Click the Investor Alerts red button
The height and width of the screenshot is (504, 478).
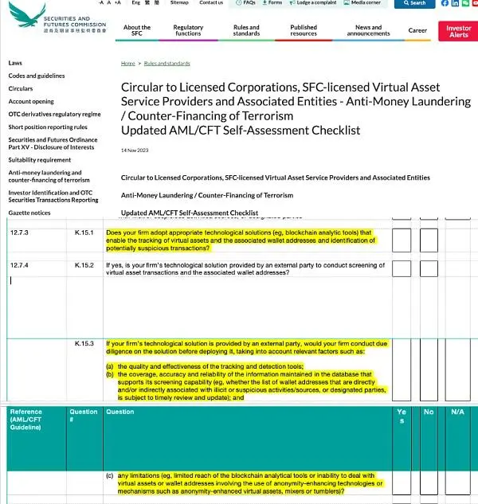pyautogui.click(x=459, y=31)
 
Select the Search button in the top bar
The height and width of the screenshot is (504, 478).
pyautogui.click(x=414, y=3)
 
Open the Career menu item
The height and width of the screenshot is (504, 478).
pyautogui.click(x=417, y=31)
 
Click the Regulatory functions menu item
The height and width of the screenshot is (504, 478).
pyautogui.click(x=188, y=31)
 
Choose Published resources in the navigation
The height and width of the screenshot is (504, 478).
pyautogui.click(x=304, y=31)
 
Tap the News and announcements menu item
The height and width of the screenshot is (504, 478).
pyautogui.click(x=368, y=31)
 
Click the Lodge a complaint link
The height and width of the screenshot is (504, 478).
pyautogui.click(x=313, y=3)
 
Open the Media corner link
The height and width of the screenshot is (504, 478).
pyautogui.click(x=365, y=3)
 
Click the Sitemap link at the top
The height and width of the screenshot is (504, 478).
pyautogui.click(x=179, y=3)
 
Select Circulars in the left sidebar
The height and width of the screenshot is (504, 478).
pyautogui.click(x=21, y=88)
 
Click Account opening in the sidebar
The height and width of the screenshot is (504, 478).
pyautogui.click(x=31, y=101)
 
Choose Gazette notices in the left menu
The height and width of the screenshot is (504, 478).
pyautogui.click(x=29, y=213)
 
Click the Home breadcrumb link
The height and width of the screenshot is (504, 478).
pyautogui.click(x=127, y=62)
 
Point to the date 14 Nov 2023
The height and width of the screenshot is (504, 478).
pyautogui.click(x=133, y=150)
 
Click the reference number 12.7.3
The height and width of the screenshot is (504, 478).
pyautogui.click(x=19, y=232)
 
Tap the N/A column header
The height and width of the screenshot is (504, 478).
pyautogui.click(x=457, y=412)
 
